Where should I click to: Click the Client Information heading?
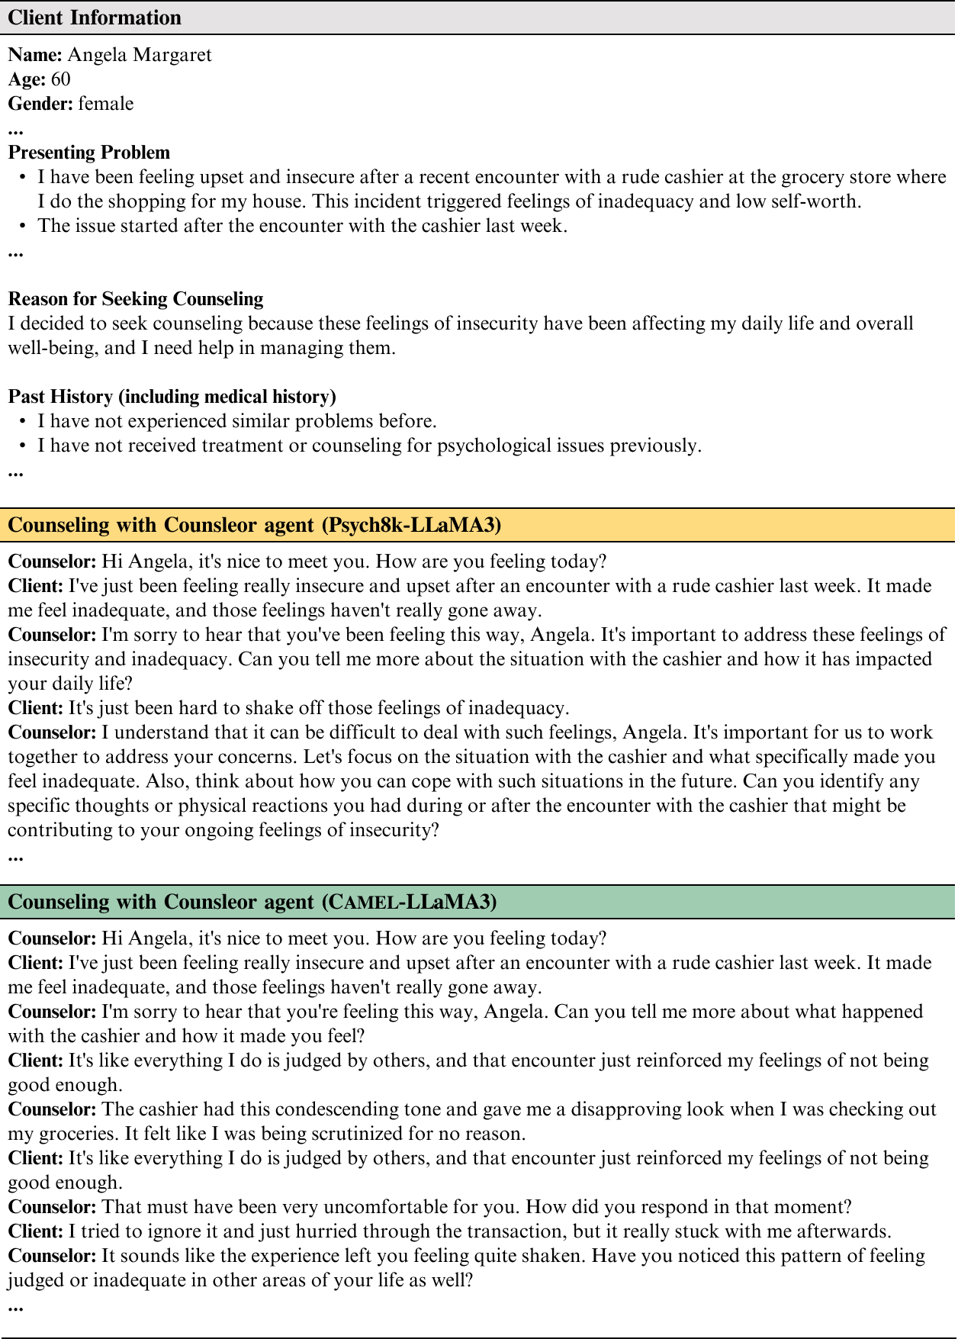click(95, 18)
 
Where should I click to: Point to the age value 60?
click(61, 79)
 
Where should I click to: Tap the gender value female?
click(106, 104)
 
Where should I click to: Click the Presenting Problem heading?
click(89, 153)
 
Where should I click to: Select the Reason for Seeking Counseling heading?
click(136, 299)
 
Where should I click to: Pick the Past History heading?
click(172, 397)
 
